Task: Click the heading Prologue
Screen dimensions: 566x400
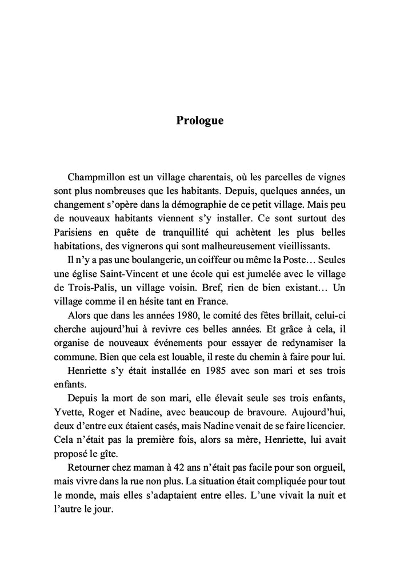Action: [200, 121]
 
